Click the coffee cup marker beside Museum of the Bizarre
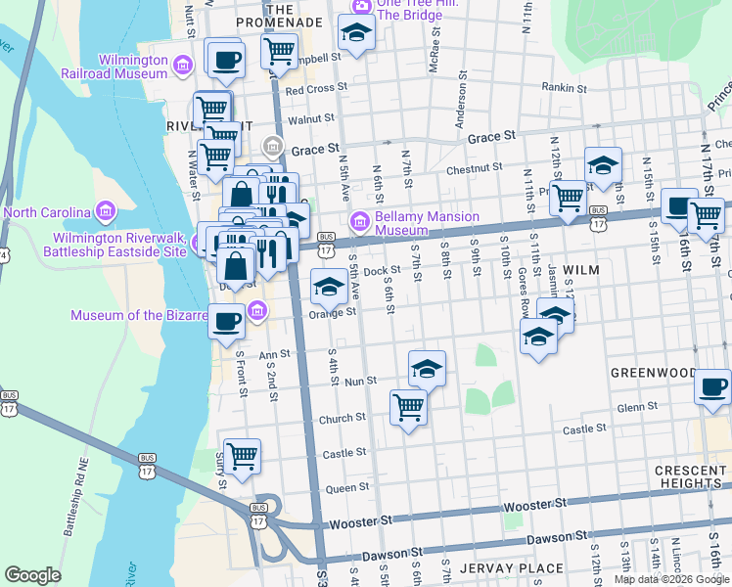click(227, 321)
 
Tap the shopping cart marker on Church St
click(408, 406)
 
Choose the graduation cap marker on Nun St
click(427, 369)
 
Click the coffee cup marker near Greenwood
click(713, 387)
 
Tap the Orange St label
click(334, 313)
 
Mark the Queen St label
click(347, 486)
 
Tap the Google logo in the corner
click(32, 575)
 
